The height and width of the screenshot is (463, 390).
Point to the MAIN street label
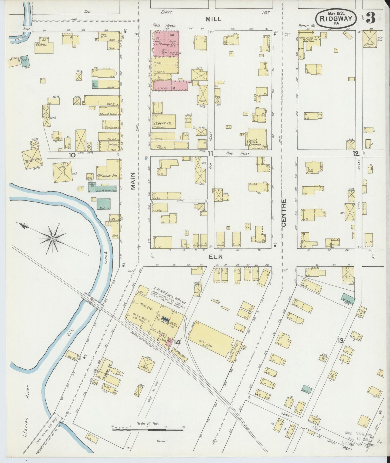[x=133, y=181]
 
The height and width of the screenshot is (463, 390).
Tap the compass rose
[x=53, y=239]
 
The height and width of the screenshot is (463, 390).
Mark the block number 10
[x=72, y=155]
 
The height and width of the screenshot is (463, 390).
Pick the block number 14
[x=177, y=342]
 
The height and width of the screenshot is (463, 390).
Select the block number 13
[x=340, y=341]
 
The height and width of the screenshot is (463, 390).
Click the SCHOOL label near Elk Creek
[x=41, y=44]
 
